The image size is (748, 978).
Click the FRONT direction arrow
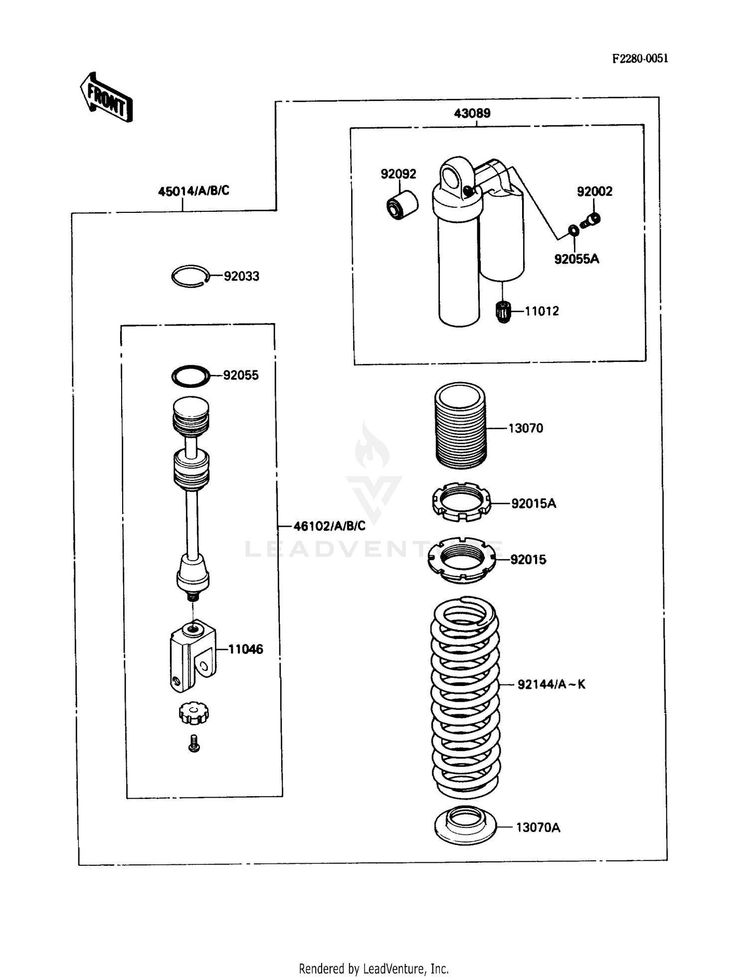pos(106,98)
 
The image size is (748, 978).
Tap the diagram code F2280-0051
pos(640,58)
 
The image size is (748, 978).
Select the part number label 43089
pos(472,113)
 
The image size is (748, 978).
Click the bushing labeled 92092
pos(402,204)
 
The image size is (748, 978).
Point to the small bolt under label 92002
pos(592,219)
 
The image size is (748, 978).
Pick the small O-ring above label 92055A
pos(573,230)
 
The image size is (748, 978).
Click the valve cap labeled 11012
pos(504,312)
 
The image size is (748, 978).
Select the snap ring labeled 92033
pos(189,276)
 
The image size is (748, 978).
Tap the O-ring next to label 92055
pos(190,376)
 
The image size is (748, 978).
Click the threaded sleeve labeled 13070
pos(460,425)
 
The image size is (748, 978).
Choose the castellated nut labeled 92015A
pos(461,502)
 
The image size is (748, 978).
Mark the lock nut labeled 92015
pos(462,560)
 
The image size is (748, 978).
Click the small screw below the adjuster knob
pos(194,743)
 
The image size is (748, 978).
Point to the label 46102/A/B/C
pos(329,526)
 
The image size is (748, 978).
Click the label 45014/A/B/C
pos(193,190)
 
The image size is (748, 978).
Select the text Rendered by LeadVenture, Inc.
pos(374,969)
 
